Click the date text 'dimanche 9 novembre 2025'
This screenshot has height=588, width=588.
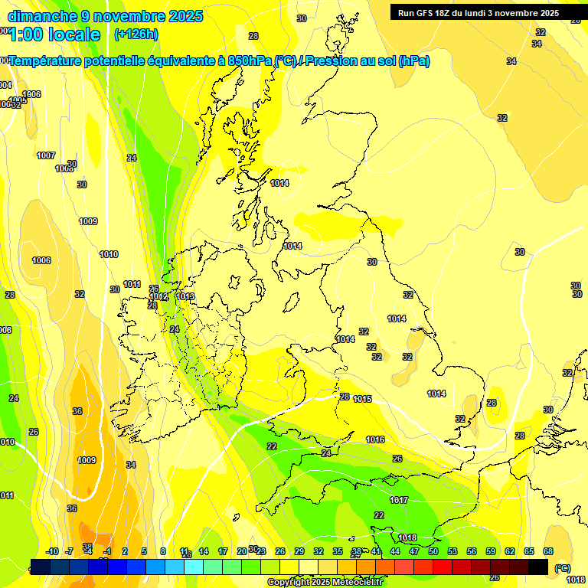point(105,16)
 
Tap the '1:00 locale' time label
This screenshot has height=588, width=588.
point(54,34)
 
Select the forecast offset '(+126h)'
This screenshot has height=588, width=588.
point(136,34)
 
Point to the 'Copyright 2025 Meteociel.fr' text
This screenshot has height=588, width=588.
point(325,583)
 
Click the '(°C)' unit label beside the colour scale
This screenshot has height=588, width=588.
point(562,568)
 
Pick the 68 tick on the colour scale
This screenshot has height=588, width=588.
point(548,551)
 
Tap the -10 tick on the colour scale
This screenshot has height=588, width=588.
point(52,551)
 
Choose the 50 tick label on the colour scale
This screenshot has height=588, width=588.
point(433,551)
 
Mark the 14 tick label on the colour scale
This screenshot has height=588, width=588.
point(204,551)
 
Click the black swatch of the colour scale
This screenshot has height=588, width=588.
point(538,567)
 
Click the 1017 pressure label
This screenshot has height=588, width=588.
point(399,500)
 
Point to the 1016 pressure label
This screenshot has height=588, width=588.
point(375,439)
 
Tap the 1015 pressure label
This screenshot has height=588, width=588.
point(363,399)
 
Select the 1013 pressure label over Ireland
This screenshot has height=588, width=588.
point(185,296)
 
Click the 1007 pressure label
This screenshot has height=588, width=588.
point(46,155)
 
